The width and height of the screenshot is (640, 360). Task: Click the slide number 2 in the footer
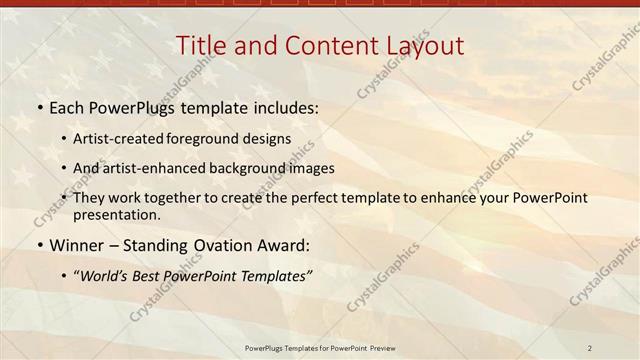590,347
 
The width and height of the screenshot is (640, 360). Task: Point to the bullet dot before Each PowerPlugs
39,107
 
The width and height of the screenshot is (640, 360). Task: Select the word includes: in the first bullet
287,107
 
